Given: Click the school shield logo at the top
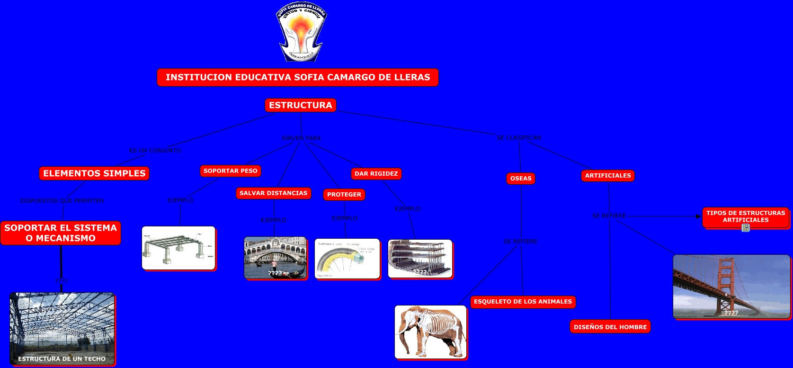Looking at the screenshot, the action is [302, 32].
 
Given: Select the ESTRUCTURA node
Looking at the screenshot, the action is [301, 105].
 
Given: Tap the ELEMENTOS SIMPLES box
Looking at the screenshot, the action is [94, 173].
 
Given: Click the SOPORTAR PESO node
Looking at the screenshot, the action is [231, 171].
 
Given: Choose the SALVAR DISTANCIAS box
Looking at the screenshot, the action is [273, 193].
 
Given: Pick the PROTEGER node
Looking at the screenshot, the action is [344, 195].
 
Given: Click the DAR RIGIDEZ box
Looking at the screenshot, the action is [376, 174].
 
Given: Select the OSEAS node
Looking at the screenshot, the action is [521, 179].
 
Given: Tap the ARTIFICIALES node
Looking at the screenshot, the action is [608, 176].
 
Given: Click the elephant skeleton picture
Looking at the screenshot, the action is [430, 332].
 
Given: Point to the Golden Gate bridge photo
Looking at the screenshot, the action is [731, 286].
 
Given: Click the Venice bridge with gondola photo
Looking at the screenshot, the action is [275, 258].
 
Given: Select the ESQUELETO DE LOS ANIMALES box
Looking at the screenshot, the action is [523, 302].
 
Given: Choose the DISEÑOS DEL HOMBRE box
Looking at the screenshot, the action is [610, 327].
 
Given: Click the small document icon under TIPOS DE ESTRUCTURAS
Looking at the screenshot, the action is [746, 228].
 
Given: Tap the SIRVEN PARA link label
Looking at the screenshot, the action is [301, 138].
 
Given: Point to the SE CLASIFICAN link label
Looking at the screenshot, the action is [519, 138].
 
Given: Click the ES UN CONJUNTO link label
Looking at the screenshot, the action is [155, 151].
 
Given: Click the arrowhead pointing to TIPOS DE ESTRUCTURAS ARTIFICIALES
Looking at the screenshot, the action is [698, 216].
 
